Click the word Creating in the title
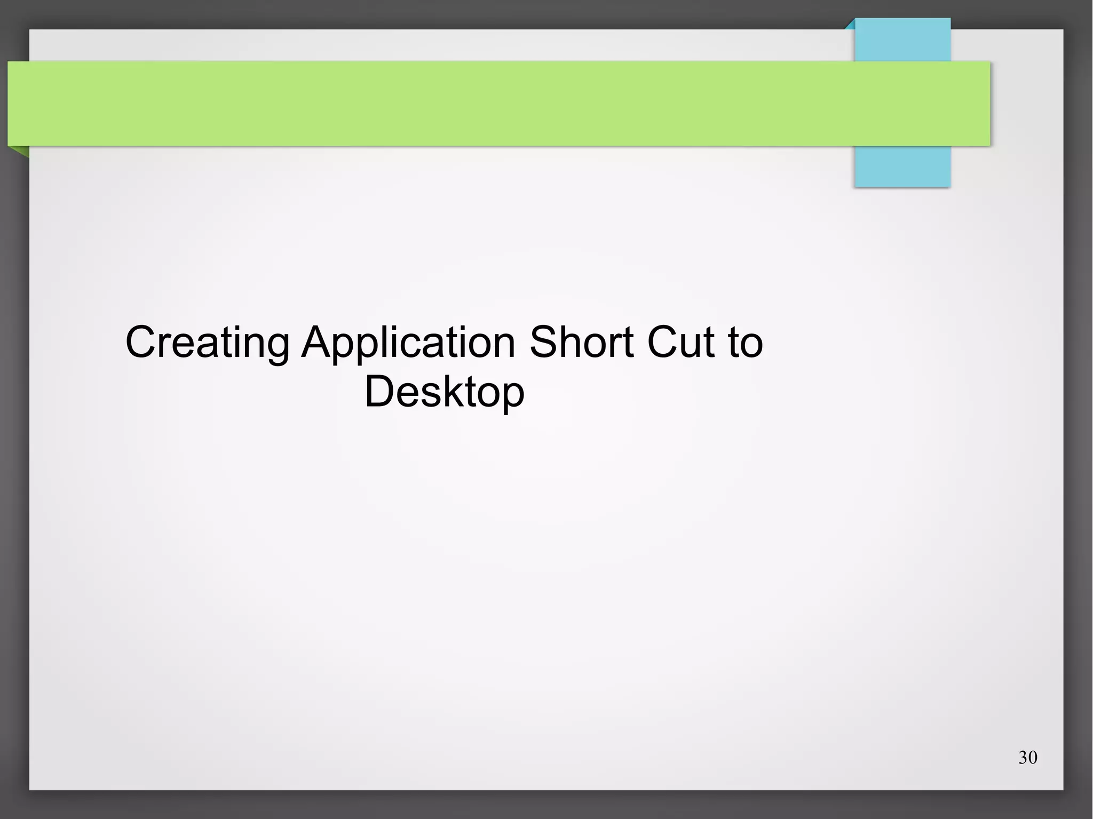207,343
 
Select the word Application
408,343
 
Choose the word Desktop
444,392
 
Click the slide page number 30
1027,758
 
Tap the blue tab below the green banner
902,166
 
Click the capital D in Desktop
379,391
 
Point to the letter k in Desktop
463,391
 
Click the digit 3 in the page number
1023,758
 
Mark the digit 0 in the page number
1032,758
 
